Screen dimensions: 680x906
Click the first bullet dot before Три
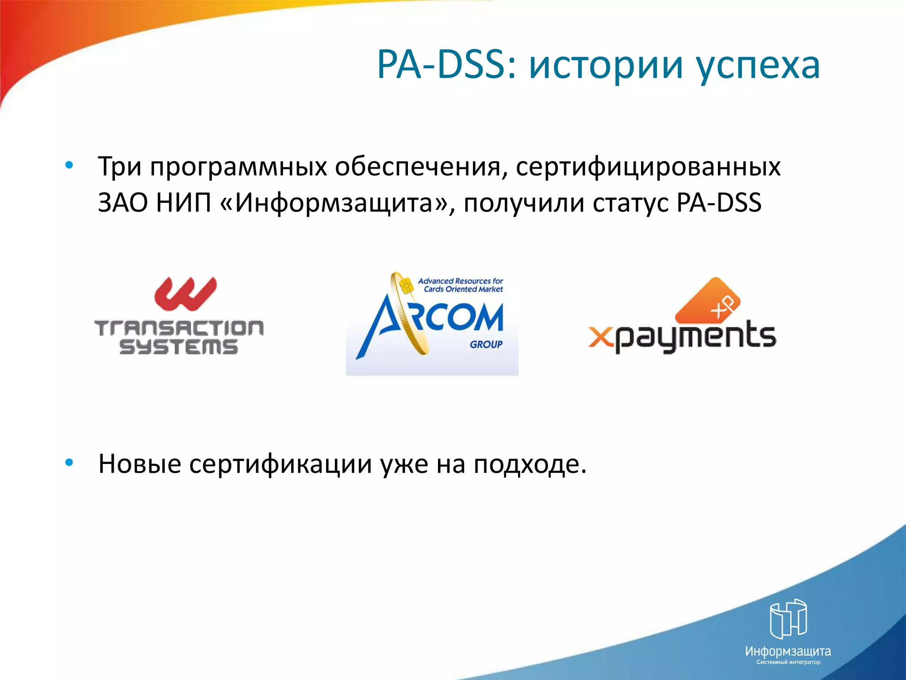click(x=69, y=166)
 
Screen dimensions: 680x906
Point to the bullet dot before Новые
click(x=69, y=463)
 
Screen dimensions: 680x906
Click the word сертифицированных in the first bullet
click(x=648, y=167)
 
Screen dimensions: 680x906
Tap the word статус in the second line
click(x=630, y=204)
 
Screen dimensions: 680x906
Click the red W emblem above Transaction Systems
click(x=185, y=294)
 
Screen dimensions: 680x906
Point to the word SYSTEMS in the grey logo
click(x=179, y=347)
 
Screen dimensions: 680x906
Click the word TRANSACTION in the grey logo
click(x=179, y=328)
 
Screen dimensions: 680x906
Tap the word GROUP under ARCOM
click(x=486, y=344)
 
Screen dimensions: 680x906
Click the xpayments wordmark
click(x=682, y=337)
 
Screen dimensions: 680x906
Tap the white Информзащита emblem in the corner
click(x=788, y=618)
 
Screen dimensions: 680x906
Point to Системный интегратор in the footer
click(x=788, y=662)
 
